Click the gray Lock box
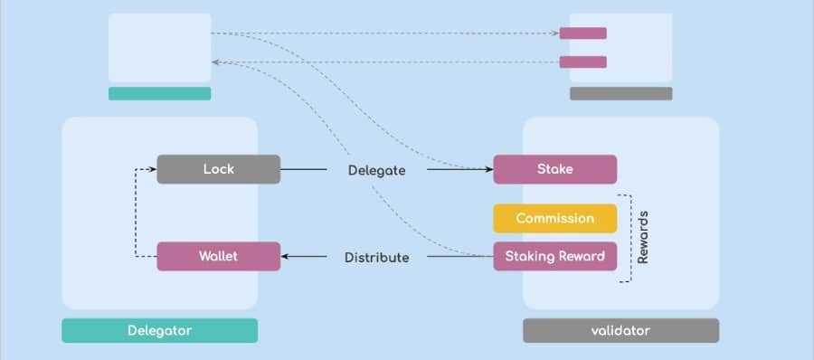point(218,169)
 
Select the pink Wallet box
point(218,256)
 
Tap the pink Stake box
point(554,169)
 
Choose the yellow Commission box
point(554,219)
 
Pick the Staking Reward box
point(554,256)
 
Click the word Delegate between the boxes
point(376,170)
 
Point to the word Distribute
point(376,258)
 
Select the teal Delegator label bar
point(159,330)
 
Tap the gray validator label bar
point(620,330)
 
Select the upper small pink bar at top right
point(582,33)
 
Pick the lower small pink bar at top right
point(582,62)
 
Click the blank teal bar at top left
point(159,93)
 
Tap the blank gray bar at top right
point(620,93)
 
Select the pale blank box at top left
point(159,48)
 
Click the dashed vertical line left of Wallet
point(135,213)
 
